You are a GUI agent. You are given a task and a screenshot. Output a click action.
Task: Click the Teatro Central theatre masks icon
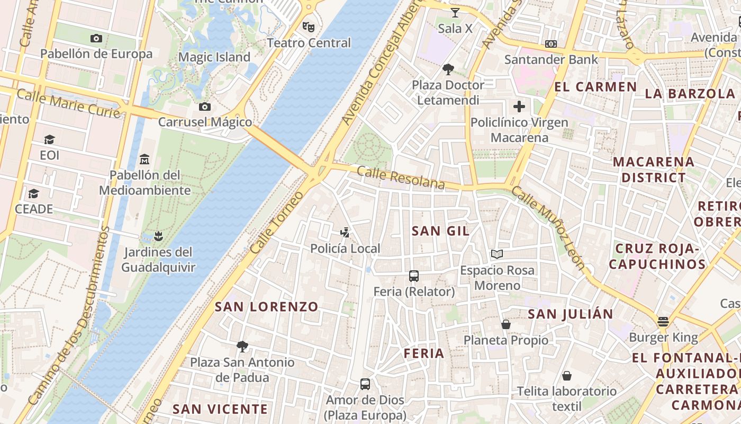click(x=309, y=26)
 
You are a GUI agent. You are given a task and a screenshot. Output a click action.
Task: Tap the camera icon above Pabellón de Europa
click(x=96, y=38)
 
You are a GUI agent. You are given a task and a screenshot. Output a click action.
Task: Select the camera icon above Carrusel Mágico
click(x=205, y=107)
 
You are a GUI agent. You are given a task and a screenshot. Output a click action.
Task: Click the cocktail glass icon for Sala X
click(x=455, y=12)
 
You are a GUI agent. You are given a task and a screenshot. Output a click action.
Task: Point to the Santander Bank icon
click(x=551, y=44)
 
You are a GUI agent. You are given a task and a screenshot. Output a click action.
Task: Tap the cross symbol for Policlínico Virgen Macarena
click(x=519, y=107)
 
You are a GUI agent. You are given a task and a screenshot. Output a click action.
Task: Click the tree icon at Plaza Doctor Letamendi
click(x=448, y=69)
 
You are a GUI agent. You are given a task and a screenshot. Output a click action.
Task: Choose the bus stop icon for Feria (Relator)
click(x=414, y=276)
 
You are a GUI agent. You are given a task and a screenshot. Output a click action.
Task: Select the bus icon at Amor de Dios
click(x=365, y=384)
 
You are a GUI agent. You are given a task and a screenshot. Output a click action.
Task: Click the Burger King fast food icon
click(x=663, y=322)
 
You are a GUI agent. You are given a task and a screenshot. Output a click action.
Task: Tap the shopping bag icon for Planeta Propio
click(x=506, y=324)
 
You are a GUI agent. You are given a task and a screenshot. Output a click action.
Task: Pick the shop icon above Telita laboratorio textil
click(x=567, y=376)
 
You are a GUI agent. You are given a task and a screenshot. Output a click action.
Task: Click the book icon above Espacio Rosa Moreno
click(x=496, y=254)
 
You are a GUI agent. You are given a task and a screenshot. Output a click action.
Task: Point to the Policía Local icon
click(x=345, y=232)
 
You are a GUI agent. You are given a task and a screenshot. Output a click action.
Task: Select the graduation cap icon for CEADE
click(x=34, y=193)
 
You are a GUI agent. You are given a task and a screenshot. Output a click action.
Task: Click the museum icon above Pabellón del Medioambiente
click(x=144, y=159)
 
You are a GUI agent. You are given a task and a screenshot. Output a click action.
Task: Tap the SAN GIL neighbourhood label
click(x=440, y=231)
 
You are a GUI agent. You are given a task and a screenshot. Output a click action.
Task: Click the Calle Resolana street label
click(x=400, y=178)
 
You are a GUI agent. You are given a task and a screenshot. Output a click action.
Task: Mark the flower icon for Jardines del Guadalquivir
click(x=158, y=236)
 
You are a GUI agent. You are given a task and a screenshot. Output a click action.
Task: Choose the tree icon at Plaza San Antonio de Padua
click(x=242, y=347)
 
